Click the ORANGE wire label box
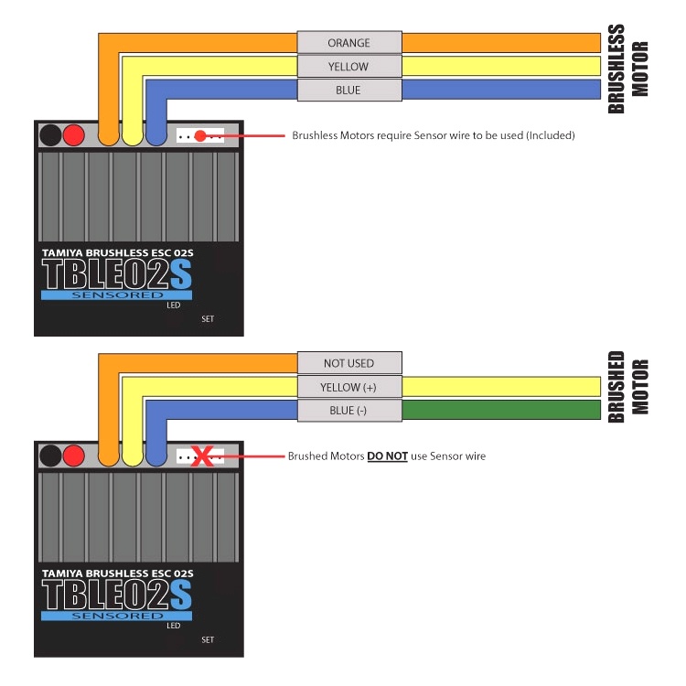(348, 43)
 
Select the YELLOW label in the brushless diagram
(348, 67)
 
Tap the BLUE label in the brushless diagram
(348, 91)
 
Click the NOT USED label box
(348, 363)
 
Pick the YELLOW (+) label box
(348, 387)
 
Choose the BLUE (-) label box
(348, 411)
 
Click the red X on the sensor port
(208, 456)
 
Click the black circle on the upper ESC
(50, 135)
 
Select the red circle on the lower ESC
(74, 456)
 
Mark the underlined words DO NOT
(388, 456)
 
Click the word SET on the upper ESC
(208, 319)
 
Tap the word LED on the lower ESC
(173, 627)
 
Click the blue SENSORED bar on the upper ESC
(116, 295)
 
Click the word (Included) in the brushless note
(549, 135)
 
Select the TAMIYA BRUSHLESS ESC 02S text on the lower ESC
(116, 573)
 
